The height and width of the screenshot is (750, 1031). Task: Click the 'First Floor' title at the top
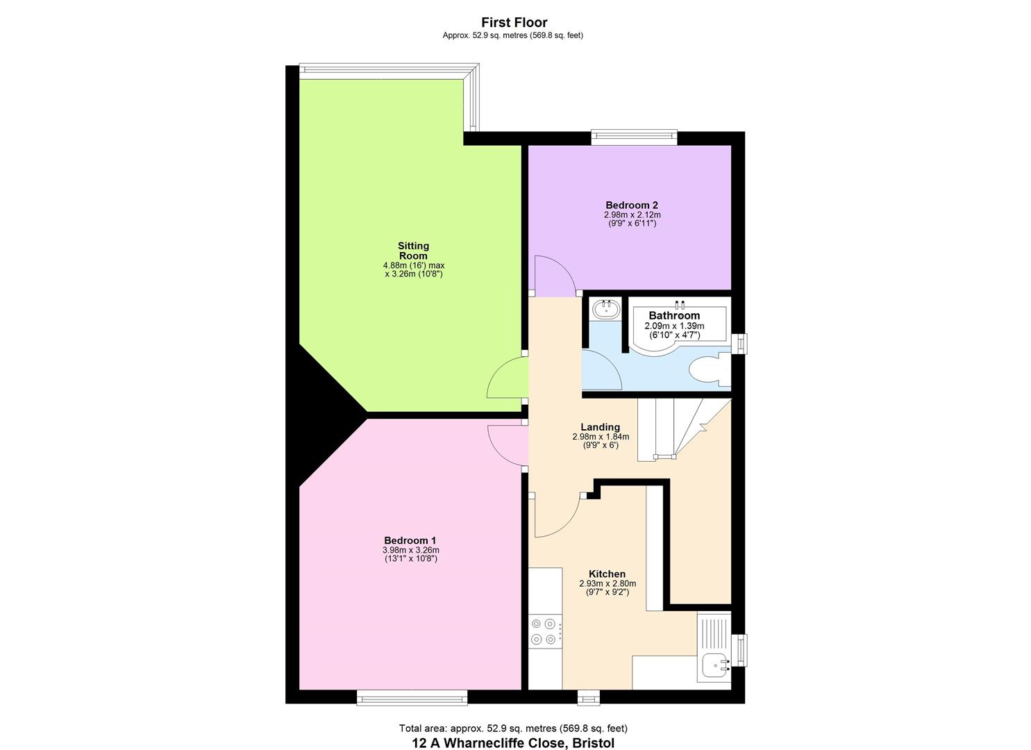514,23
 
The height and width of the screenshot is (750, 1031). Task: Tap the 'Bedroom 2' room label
631,205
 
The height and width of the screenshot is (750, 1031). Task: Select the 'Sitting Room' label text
413,251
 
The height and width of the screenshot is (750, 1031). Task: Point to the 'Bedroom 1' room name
410,540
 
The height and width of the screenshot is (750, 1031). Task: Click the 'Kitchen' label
607,574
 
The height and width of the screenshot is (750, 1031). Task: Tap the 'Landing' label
600,427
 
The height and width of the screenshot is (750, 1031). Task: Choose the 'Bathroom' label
674,315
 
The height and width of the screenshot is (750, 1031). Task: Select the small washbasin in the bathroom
607,308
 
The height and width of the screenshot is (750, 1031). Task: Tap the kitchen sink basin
714,666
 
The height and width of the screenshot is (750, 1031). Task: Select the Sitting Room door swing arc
504,378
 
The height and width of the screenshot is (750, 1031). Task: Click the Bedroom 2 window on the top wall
634,137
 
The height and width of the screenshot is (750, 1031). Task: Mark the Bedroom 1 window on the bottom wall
412,697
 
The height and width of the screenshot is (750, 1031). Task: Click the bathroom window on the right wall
739,343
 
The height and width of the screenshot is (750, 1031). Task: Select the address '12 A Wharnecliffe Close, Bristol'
513,743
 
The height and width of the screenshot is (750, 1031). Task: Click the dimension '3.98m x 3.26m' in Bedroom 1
410,550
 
